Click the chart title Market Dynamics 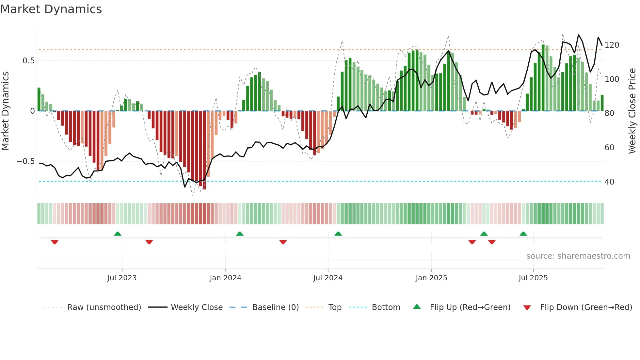coord(51,9)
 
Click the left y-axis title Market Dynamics coord(6,111)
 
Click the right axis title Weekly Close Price coord(632,111)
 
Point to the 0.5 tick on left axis coord(28,61)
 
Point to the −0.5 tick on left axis coord(25,161)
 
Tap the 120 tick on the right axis coord(612,45)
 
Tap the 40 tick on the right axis coord(609,182)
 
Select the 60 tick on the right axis coord(609,148)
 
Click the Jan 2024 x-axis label coord(225,278)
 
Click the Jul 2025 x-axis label coord(533,278)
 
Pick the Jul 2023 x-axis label coord(122,278)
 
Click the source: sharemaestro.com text coord(578,256)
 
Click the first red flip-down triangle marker coord(55,242)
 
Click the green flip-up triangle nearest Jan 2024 coord(240,234)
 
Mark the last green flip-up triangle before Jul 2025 coord(523,234)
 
